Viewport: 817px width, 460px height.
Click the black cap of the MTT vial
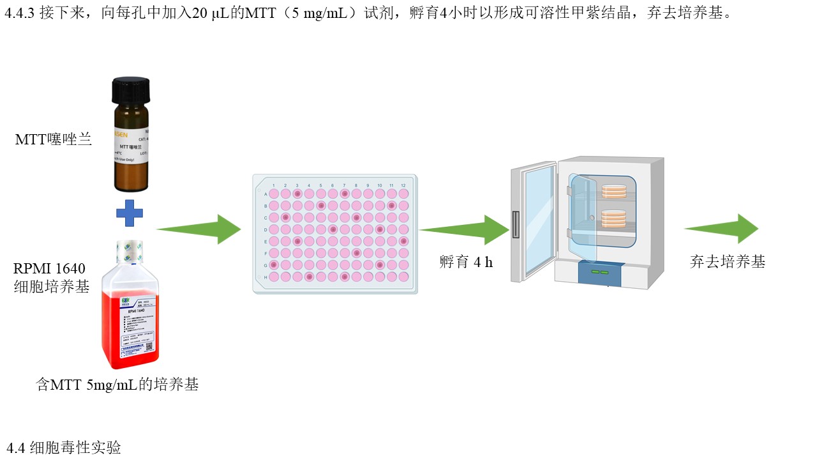(x=130, y=89)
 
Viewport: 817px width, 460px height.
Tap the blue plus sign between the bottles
(x=130, y=213)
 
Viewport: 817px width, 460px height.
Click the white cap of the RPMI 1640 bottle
(x=130, y=252)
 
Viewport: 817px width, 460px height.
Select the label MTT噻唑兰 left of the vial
(x=54, y=139)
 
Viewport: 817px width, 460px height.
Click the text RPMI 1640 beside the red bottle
(x=50, y=268)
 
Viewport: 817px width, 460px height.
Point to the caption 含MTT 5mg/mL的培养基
(x=117, y=385)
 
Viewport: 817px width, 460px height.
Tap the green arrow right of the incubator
(x=721, y=229)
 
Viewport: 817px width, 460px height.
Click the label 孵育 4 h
(x=466, y=262)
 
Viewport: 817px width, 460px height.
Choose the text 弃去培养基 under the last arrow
(x=728, y=262)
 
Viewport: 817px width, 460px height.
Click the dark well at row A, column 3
(x=297, y=194)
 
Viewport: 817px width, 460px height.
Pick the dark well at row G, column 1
(x=274, y=264)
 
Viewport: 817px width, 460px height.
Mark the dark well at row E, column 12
(x=403, y=241)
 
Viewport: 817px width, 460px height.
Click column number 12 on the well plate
(x=403, y=185)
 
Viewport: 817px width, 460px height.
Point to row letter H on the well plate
(x=266, y=277)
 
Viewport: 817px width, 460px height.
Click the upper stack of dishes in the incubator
(x=615, y=190)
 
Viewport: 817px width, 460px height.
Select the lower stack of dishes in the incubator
(x=615, y=218)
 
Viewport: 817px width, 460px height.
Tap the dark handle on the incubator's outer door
(x=515, y=224)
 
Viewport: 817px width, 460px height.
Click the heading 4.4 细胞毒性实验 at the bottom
(x=64, y=448)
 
